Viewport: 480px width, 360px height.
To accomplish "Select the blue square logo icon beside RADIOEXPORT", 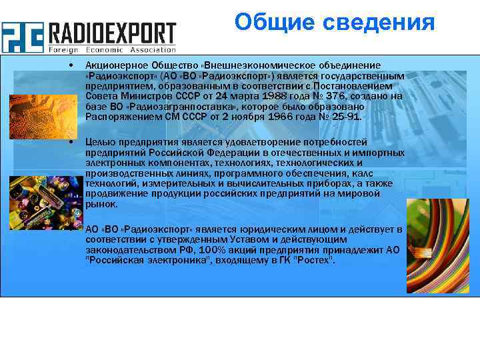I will (x=22, y=37).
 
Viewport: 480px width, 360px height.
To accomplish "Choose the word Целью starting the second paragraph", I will (x=99, y=142).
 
